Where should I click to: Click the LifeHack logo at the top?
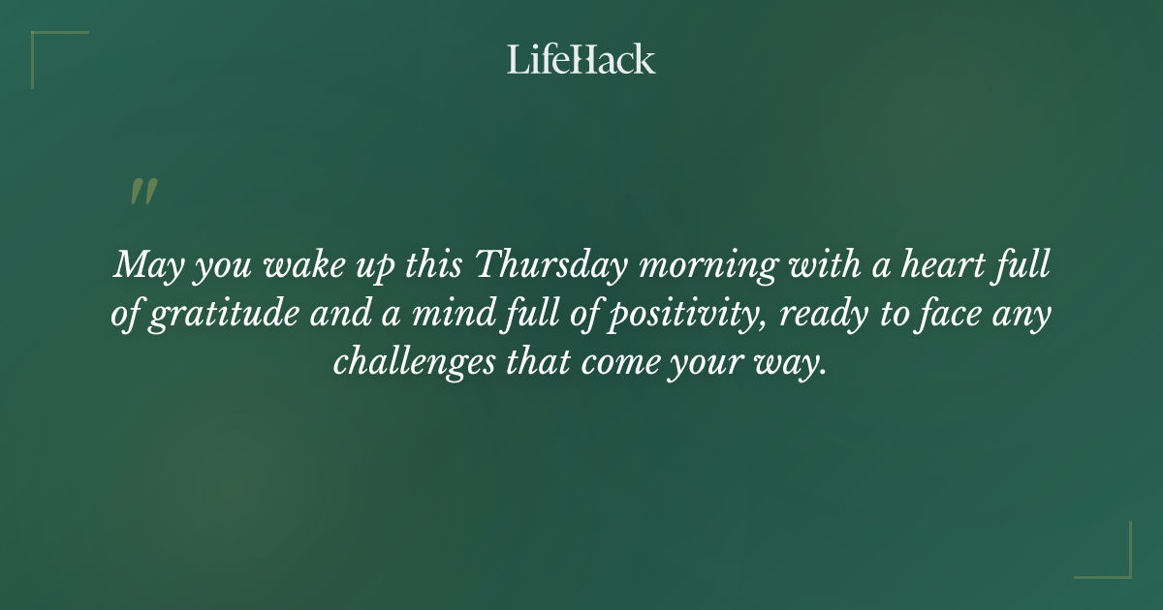[581, 59]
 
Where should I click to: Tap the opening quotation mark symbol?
[142, 192]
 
